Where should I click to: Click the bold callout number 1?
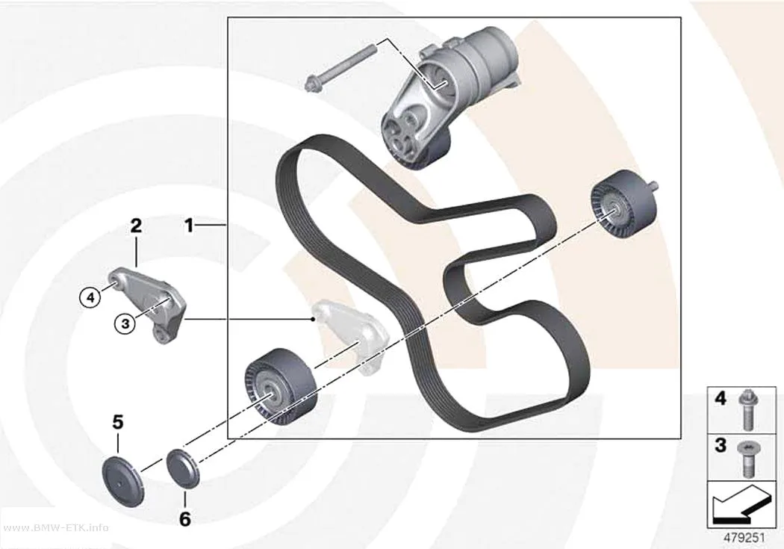click(x=189, y=226)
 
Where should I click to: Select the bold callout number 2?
click(x=136, y=226)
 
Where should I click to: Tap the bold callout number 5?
click(x=117, y=423)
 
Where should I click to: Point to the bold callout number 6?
click(x=185, y=519)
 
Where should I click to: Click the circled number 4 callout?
click(x=90, y=298)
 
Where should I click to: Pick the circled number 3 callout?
click(x=125, y=324)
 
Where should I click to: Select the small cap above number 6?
click(x=183, y=469)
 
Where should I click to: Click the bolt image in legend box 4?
click(x=748, y=411)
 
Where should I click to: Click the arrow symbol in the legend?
click(x=741, y=504)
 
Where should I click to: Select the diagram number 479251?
click(x=744, y=538)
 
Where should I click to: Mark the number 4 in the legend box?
click(x=721, y=399)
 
